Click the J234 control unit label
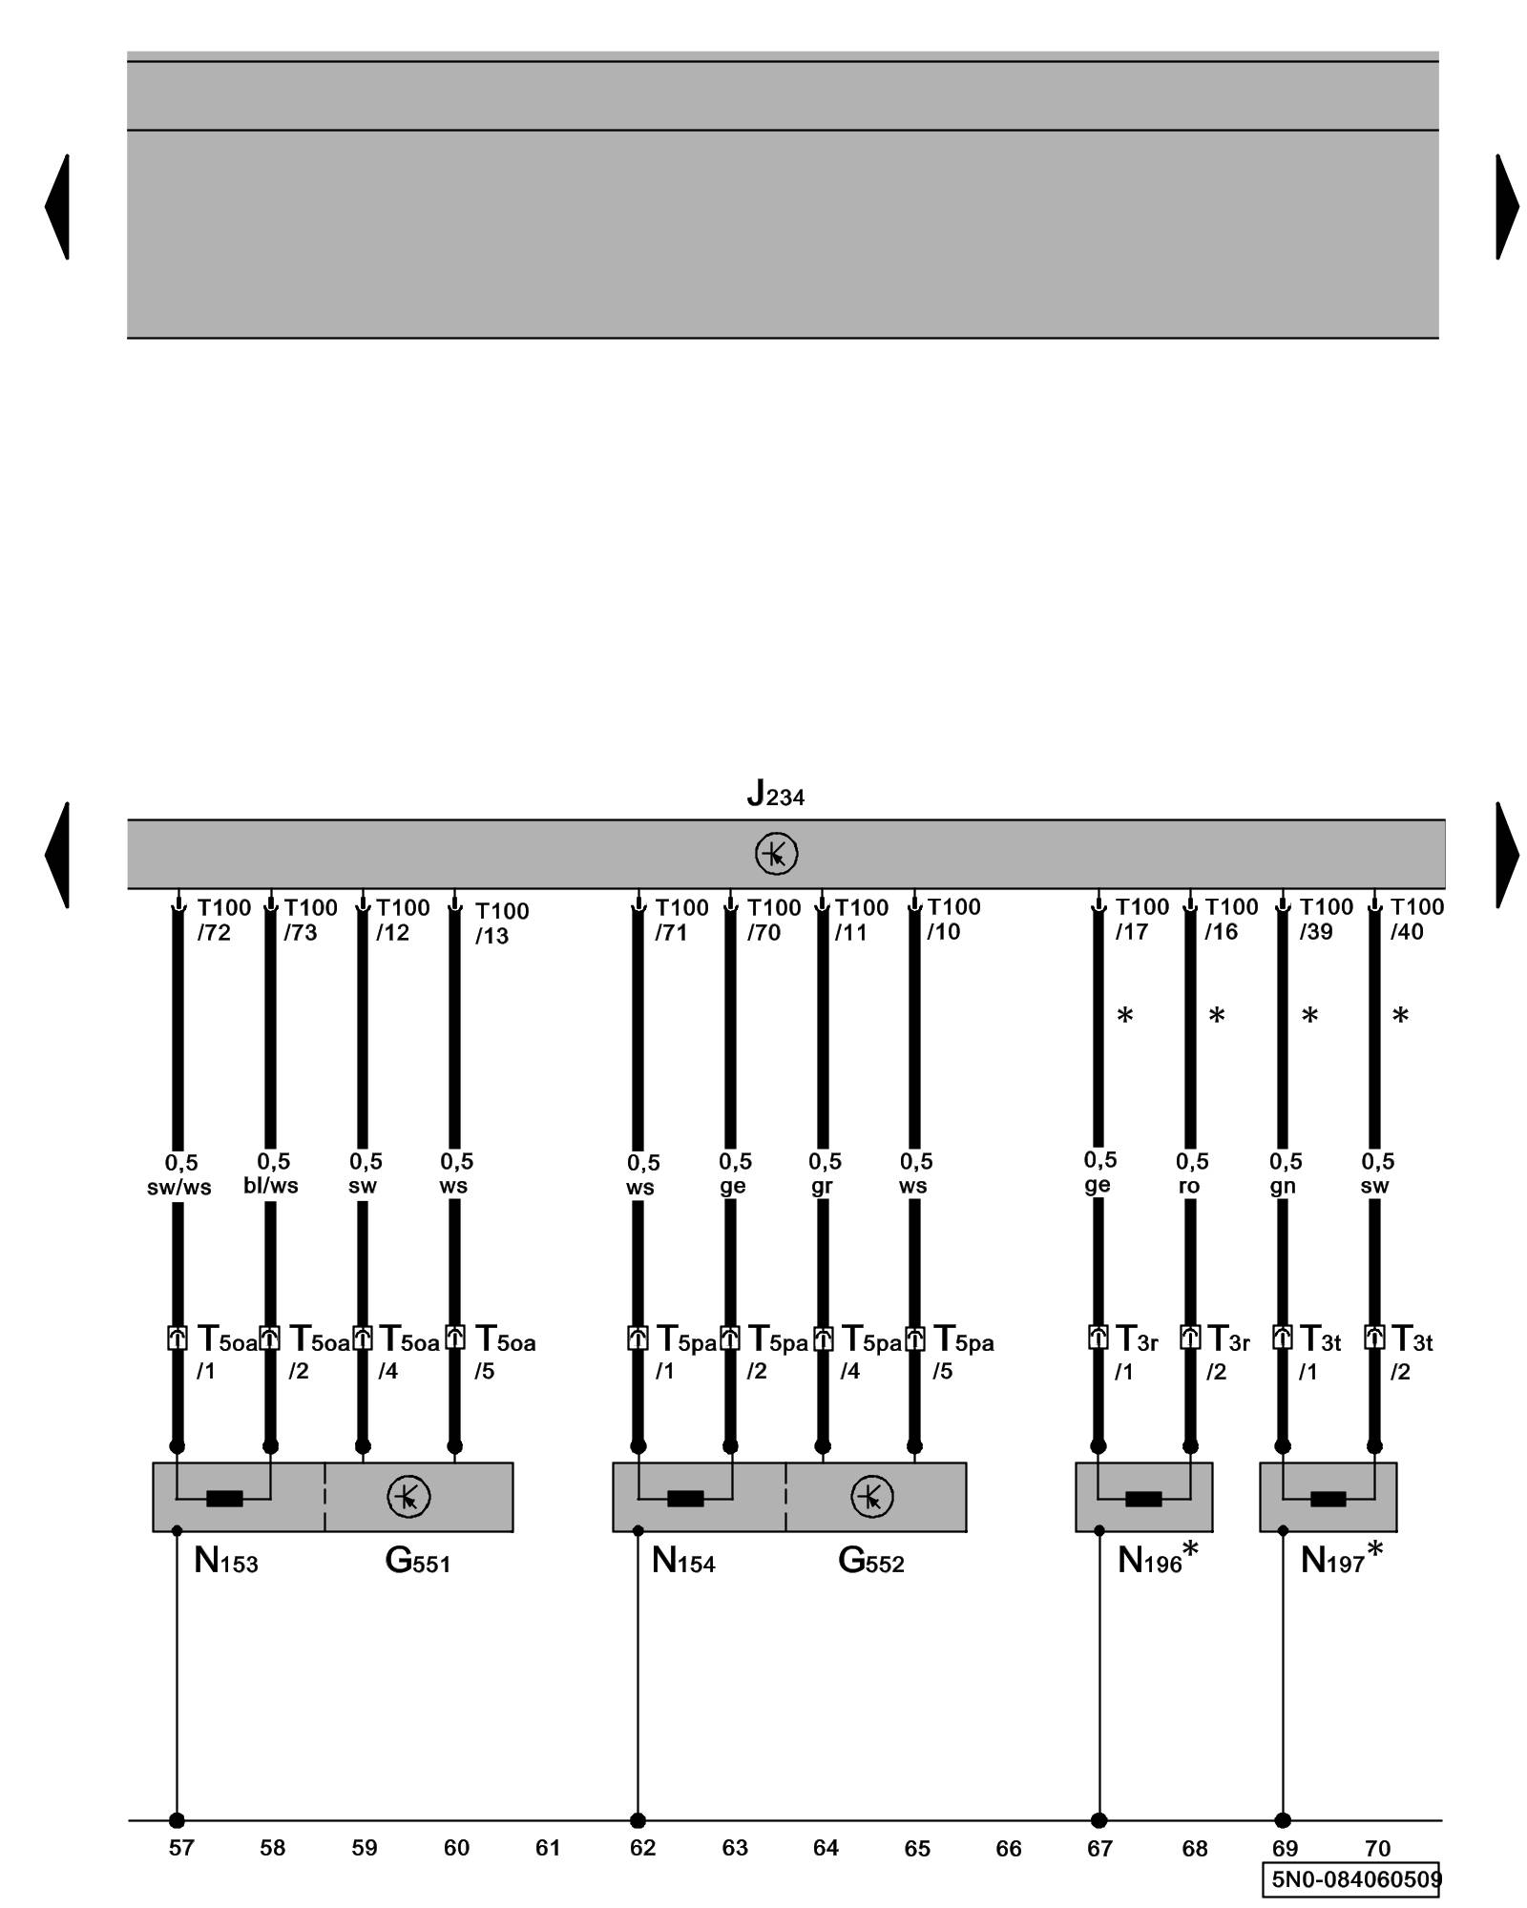click(x=775, y=794)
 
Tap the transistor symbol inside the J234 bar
click(x=776, y=854)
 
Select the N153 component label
click(x=226, y=1562)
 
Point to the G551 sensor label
click(x=417, y=1562)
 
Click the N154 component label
click(x=683, y=1562)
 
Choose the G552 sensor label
click(x=870, y=1562)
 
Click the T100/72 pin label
click(x=224, y=920)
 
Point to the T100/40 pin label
click(x=1415, y=920)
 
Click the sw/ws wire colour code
click(x=179, y=1188)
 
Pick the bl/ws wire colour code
click(x=271, y=1186)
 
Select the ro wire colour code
click(x=1189, y=1186)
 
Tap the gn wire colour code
click(x=1283, y=1186)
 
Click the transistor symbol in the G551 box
click(x=408, y=1497)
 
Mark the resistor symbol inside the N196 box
click(x=1143, y=1499)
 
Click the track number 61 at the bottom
click(x=548, y=1848)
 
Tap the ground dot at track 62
click(x=638, y=1820)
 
